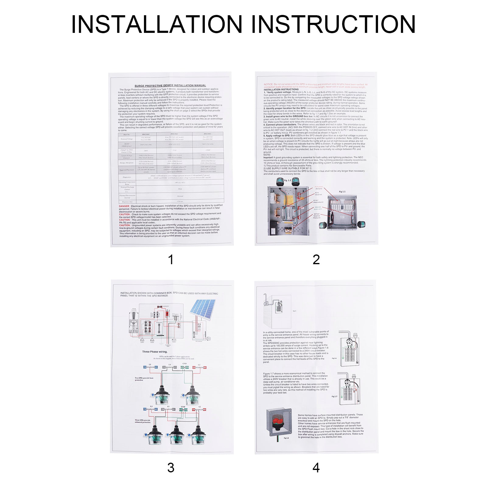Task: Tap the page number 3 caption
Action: pos(171,468)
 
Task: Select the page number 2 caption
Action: pos(316,260)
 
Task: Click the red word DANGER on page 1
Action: pos(124,206)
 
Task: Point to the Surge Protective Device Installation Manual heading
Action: pos(170,86)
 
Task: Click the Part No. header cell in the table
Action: pos(127,134)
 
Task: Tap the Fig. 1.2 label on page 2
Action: pos(287,180)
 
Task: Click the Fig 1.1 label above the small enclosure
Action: pos(342,192)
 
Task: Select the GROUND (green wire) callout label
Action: pos(317,208)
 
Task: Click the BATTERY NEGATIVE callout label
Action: pos(317,216)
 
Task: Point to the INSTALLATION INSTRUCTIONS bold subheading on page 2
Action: pos(281,89)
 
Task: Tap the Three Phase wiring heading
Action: pos(155,352)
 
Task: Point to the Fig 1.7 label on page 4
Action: pos(334,396)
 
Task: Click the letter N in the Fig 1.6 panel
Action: pos(357,363)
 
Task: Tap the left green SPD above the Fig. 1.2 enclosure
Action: pos(280,182)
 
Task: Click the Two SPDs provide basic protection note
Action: pos(144,379)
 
